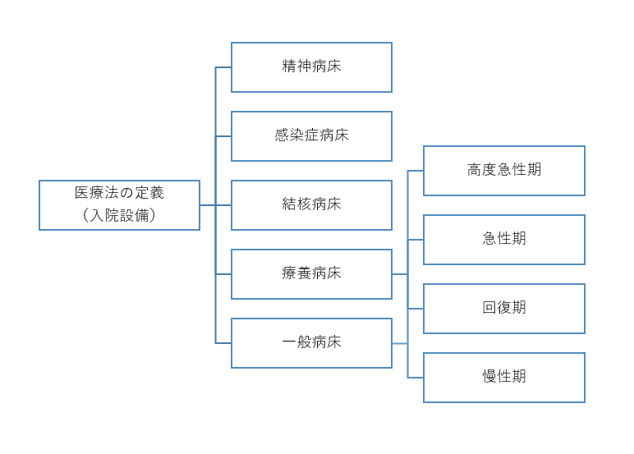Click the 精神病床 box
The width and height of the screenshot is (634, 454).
311,67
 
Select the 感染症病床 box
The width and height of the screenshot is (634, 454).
311,136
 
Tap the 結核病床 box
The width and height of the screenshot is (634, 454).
311,205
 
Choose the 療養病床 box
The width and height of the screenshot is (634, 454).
311,274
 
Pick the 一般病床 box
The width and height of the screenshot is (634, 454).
311,343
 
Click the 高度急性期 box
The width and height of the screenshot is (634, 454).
503,171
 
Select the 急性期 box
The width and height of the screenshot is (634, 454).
503,240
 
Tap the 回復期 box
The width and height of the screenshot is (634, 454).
503,309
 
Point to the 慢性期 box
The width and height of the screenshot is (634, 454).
503,378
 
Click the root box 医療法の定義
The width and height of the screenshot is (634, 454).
119,205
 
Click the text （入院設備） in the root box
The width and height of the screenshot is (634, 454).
119,217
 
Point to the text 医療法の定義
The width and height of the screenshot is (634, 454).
119,194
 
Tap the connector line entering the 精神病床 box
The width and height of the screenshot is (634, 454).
223,67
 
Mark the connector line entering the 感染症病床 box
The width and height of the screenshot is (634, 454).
223,136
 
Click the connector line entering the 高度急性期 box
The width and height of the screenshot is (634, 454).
416,171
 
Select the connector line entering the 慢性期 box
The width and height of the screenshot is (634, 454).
416,378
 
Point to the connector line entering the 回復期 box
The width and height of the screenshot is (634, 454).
416,309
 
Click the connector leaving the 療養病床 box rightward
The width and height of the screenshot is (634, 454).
400,274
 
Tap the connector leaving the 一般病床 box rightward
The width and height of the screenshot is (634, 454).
400,343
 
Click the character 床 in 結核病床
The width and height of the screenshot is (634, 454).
334,204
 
